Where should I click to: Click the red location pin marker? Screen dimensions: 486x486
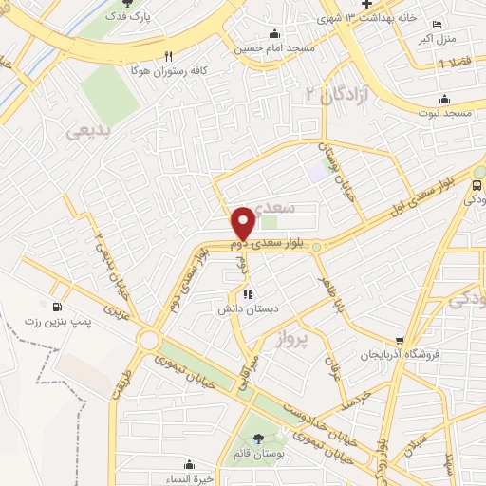pyautogui.click(x=243, y=224)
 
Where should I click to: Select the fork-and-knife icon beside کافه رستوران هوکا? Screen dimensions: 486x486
pyautogui.click(x=169, y=55)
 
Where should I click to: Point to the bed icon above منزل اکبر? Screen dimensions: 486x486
pyautogui.click(x=436, y=24)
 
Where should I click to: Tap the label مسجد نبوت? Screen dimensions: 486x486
pyautogui.click(x=442, y=113)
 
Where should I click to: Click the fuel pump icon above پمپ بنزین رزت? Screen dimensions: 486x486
pyautogui.click(x=59, y=307)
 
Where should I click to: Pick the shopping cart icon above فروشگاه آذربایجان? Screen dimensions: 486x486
pyautogui.click(x=401, y=340)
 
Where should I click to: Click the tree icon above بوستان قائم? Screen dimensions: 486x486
pyautogui.click(x=259, y=438)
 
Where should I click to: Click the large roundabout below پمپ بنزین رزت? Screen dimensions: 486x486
pyautogui.click(x=148, y=340)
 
